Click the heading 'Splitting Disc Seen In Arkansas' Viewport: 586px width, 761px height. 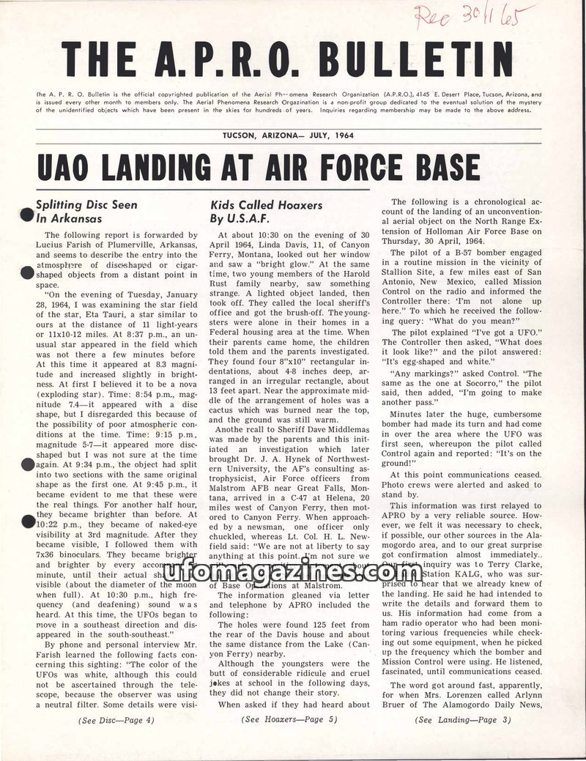86,212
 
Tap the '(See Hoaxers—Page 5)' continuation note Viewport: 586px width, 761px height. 289,720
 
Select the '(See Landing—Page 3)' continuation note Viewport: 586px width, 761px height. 463,720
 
